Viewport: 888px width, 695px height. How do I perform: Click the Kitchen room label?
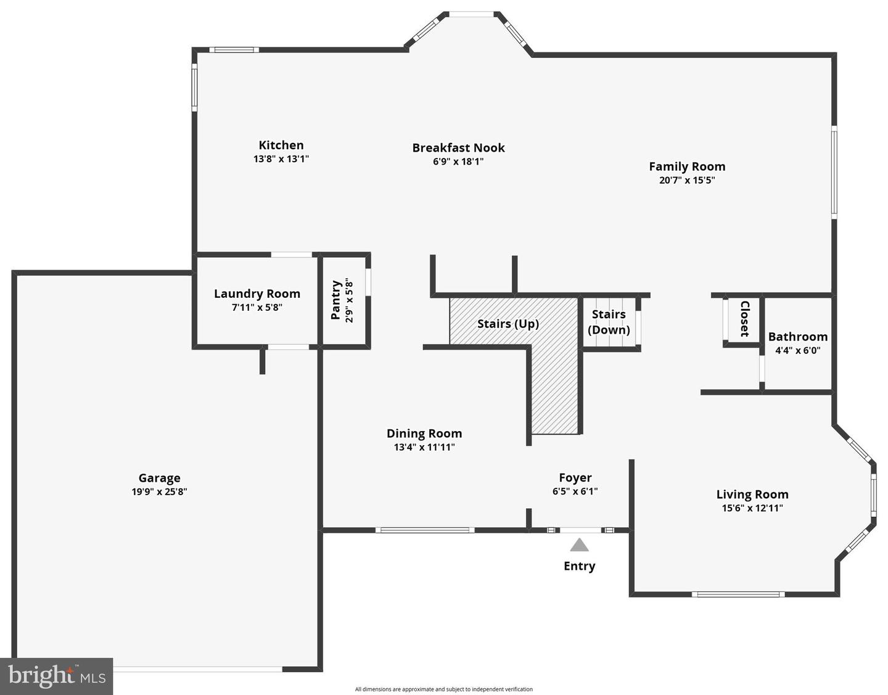pos(281,146)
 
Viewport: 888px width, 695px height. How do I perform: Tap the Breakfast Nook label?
pos(458,148)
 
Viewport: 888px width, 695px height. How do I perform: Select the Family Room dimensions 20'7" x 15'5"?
pos(687,181)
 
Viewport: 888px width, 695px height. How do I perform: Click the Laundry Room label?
pos(257,294)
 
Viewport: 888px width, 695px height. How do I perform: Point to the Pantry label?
pos(336,300)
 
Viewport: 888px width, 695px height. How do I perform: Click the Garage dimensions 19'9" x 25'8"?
pos(159,492)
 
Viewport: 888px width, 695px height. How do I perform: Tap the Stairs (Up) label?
pos(508,324)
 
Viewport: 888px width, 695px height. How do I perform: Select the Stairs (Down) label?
pos(609,322)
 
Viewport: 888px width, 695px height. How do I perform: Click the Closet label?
pos(744,318)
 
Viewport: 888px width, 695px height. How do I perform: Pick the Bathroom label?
pos(798,337)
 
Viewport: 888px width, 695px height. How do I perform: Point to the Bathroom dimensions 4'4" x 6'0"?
pos(798,351)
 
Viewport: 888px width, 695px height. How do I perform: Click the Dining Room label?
pos(424,434)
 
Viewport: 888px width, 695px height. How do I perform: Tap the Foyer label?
pos(575,478)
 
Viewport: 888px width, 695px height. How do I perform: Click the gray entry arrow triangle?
pos(579,545)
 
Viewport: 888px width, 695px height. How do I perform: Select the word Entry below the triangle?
pos(580,566)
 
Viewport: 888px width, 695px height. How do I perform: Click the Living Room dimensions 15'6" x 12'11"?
pos(752,509)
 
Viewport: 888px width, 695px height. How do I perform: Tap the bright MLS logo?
pos(57,676)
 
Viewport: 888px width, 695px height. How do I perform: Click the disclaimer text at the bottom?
pos(443,689)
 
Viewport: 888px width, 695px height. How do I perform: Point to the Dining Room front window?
pos(425,530)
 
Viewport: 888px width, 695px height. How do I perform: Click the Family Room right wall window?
pos(834,173)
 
